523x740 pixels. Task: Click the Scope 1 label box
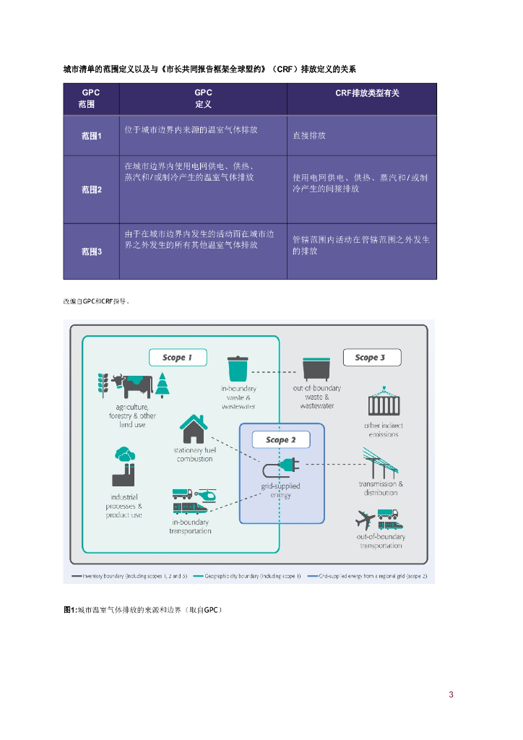coord(178,357)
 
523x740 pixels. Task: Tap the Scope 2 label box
coord(280,439)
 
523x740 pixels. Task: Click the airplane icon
coord(366,519)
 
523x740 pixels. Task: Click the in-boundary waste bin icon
coord(238,369)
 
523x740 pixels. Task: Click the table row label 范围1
coord(91,136)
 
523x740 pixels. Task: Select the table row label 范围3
coord(91,251)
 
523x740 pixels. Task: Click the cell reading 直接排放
coord(309,135)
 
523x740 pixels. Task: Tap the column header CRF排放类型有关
coord(362,94)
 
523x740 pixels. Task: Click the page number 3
coord(451,694)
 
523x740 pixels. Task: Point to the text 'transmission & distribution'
coord(381,488)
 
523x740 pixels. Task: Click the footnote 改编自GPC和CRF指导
coord(95,300)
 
